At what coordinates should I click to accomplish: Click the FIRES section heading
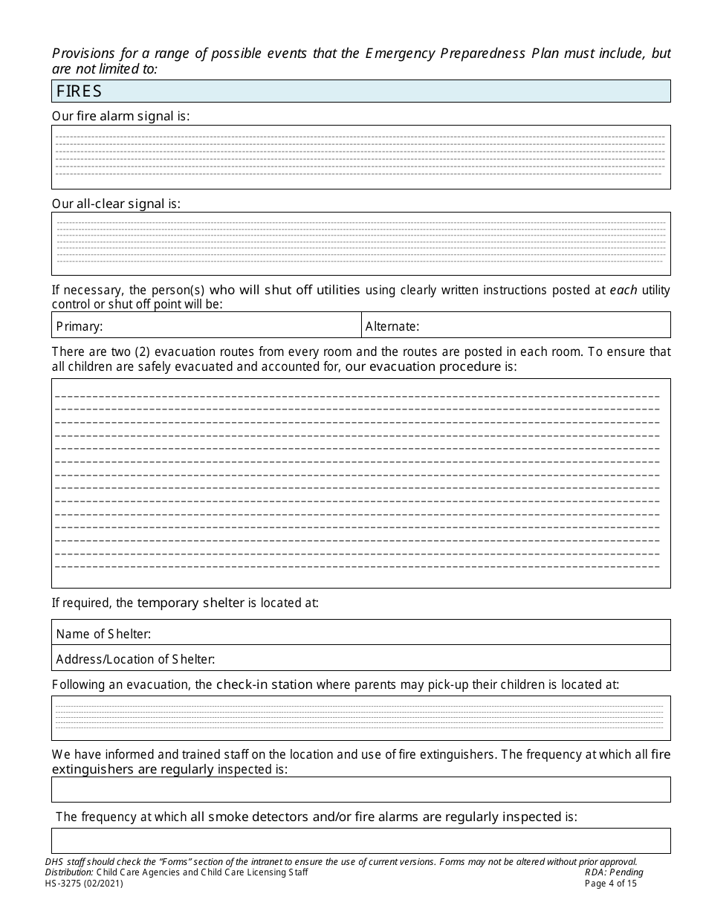pyautogui.click(x=79, y=91)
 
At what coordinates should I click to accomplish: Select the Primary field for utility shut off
pyautogui.click(x=230, y=325)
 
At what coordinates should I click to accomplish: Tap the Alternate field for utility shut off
pyautogui.click(x=543, y=325)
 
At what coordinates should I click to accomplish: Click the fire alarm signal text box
pyautogui.click(x=360, y=157)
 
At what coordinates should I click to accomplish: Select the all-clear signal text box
pyautogui.click(x=360, y=243)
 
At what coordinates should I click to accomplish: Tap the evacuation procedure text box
pyautogui.click(x=360, y=483)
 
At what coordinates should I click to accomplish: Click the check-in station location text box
pyautogui.click(x=360, y=718)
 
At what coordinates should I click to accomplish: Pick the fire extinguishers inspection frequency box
pyautogui.click(x=360, y=789)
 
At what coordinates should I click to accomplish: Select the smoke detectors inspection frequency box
pyautogui.click(x=360, y=840)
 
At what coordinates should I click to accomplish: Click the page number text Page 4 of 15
pyautogui.click(x=611, y=884)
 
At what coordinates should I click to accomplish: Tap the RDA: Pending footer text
pyautogui.click(x=614, y=872)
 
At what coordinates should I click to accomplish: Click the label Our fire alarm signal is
pyautogui.click(x=120, y=116)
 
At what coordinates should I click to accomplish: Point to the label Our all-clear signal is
pyautogui.click(x=116, y=203)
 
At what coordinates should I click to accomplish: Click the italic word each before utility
pyautogui.click(x=624, y=290)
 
